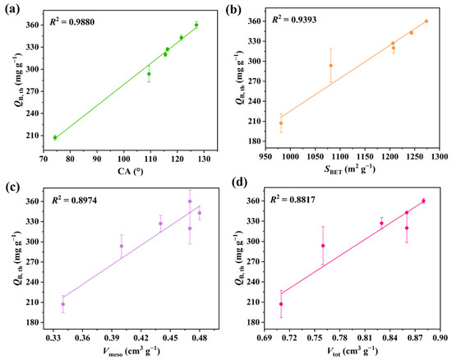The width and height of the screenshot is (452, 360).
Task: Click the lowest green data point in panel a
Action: click(55, 137)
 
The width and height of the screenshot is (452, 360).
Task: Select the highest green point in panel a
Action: click(196, 25)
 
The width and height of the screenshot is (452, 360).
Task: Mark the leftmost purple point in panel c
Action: click(62, 304)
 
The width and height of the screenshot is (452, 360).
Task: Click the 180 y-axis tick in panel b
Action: click(258, 141)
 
